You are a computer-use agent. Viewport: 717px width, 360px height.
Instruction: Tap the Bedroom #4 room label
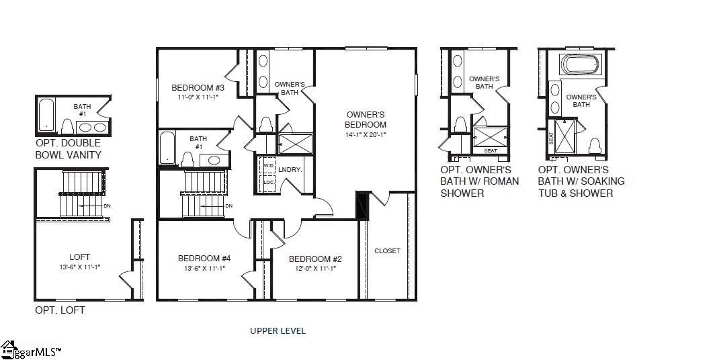[x=204, y=258]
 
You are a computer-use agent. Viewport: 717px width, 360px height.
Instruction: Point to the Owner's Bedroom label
[x=366, y=119]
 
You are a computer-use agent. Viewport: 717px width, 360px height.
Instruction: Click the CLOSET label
[x=387, y=251]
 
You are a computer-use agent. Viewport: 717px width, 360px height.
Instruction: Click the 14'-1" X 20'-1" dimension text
[x=366, y=134]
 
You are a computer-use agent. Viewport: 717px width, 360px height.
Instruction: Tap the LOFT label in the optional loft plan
[x=79, y=257]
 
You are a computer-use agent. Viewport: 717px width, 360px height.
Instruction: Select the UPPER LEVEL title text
[x=278, y=330]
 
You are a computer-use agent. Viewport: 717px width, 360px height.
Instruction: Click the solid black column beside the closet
[x=363, y=206]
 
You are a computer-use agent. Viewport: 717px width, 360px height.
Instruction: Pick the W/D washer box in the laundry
[x=268, y=165]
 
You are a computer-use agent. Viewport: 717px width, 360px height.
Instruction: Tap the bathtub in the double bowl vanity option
[x=46, y=115]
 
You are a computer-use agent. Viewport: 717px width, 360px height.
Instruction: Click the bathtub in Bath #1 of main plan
[x=167, y=148]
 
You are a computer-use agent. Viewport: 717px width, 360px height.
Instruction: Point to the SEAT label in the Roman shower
[x=491, y=150]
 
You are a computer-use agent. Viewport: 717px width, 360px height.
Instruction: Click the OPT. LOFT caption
[x=60, y=310]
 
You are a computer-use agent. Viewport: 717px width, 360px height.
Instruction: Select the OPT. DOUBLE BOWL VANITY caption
[x=68, y=149]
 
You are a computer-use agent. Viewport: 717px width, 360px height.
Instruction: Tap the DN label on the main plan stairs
[x=228, y=206]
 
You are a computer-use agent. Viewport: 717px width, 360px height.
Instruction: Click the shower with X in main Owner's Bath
[x=296, y=144]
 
